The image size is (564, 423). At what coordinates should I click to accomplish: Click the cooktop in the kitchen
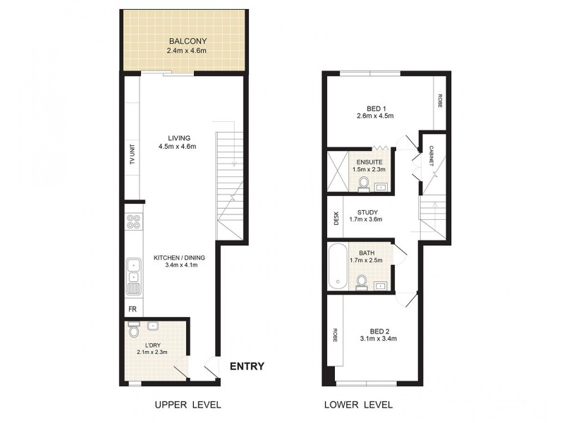pyautogui.click(x=133, y=223)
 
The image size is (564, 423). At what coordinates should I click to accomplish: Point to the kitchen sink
pyautogui.click(x=133, y=277)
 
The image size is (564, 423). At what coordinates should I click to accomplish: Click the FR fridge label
pyautogui.click(x=131, y=309)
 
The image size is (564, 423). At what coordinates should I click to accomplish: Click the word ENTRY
pyautogui.click(x=247, y=366)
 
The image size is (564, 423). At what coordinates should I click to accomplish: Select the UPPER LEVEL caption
pyautogui.click(x=188, y=405)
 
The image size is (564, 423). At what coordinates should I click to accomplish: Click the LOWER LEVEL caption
pyautogui.click(x=357, y=405)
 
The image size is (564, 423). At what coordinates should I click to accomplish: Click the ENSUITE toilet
pyautogui.click(x=364, y=183)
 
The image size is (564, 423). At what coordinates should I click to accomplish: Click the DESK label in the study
pyautogui.click(x=336, y=219)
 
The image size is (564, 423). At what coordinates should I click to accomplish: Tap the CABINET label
pyautogui.click(x=431, y=154)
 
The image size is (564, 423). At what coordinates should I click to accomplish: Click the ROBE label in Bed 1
pyautogui.click(x=440, y=100)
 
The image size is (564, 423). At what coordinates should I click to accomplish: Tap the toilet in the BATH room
pyautogui.click(x=362, y=282)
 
